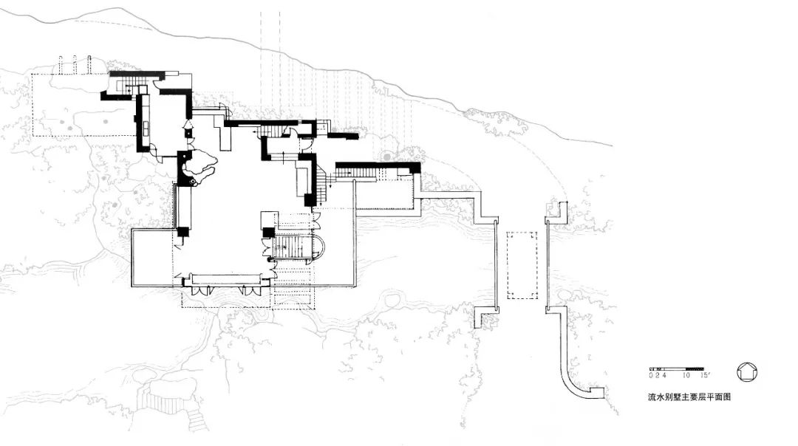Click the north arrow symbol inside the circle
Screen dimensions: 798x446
747,371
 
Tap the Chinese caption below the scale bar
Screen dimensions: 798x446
689,397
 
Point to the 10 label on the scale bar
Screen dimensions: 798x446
686,375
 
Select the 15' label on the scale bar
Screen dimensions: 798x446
705,375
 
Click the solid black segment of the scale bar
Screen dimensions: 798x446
695,368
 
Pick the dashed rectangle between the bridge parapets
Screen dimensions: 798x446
522,266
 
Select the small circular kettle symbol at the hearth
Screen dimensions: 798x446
193,182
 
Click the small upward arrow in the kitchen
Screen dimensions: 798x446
187,123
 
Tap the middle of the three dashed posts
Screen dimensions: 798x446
75,64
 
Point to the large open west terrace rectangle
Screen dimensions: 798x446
152,258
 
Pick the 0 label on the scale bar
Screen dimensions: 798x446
651,375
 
